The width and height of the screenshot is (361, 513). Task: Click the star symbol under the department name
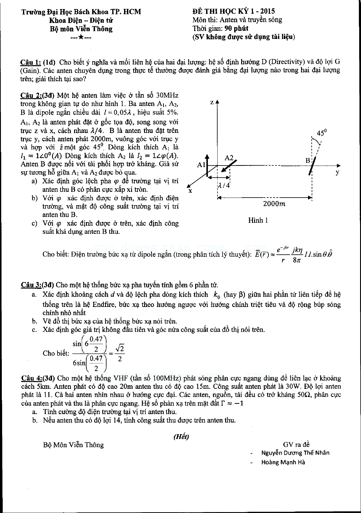(x=81, y=37)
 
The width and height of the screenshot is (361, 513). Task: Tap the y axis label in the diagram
(x=337, y=173)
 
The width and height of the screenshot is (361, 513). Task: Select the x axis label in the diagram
(x=190, y=191)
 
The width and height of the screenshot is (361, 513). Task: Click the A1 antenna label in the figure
(x=201, y=165)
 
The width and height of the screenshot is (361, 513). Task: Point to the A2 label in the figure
(x=229, y=158)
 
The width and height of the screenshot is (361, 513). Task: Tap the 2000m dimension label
(x=274, y=204)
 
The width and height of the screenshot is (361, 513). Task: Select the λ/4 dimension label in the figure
(x=224, y=186)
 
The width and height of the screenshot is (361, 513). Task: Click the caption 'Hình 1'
(x=258, y=221)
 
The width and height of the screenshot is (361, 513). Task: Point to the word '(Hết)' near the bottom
(x=181, y=437)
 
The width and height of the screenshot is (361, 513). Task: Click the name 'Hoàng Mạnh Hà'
(x=283, y=462)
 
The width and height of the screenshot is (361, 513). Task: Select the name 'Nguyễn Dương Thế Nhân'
(x=295, y=453)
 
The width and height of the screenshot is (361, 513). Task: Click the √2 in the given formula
(x=120, y=349)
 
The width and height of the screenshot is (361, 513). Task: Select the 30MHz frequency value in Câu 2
(x=166, y=96)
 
